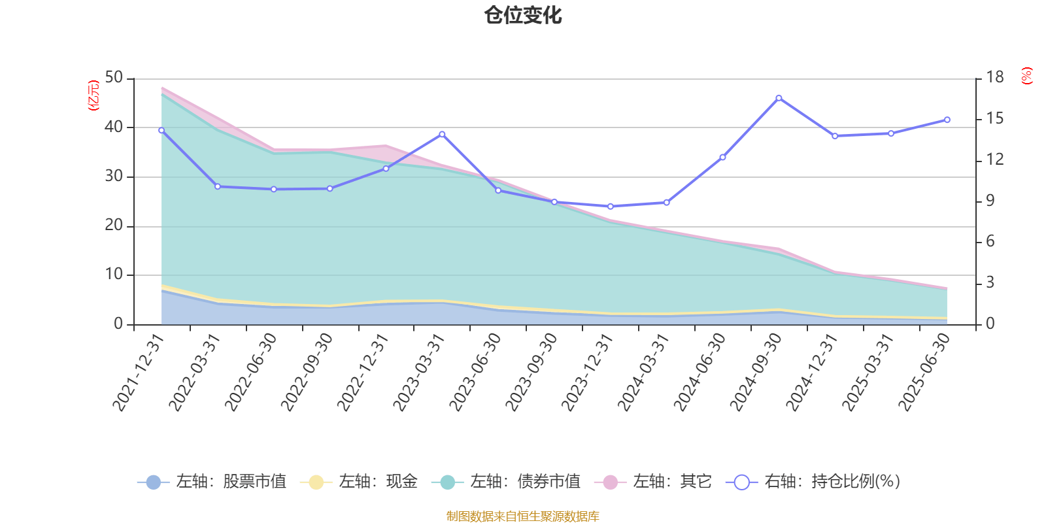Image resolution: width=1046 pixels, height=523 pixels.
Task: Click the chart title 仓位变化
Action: coord(523,15)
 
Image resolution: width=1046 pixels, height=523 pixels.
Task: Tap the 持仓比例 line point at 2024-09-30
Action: coord(779,98)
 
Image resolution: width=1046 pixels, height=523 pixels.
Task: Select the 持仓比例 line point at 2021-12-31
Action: coord(161,130)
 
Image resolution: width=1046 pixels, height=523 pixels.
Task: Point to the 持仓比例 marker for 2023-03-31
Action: coord(442,134)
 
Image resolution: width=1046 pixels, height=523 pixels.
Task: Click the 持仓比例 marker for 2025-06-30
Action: coord(947,120)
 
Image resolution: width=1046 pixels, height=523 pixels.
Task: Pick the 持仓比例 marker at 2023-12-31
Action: coord(611,207)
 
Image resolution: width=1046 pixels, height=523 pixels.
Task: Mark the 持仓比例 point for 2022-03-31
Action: coord(218,186)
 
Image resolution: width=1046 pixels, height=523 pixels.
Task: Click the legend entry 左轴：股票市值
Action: coord(212,482)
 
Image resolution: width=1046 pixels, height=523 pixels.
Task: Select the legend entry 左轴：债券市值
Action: coord(506,482)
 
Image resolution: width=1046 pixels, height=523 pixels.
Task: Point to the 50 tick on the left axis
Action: coord(114,78)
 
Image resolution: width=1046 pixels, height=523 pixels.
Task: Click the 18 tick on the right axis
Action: coord(995,78)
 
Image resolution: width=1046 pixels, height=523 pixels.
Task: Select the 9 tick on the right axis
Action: coord(990,201)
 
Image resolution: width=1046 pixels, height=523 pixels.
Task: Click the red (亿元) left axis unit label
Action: coord(93,95)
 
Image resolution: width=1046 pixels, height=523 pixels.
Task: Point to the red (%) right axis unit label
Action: coord(1027,76)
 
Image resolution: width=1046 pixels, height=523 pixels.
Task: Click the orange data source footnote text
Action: coord(523,516)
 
